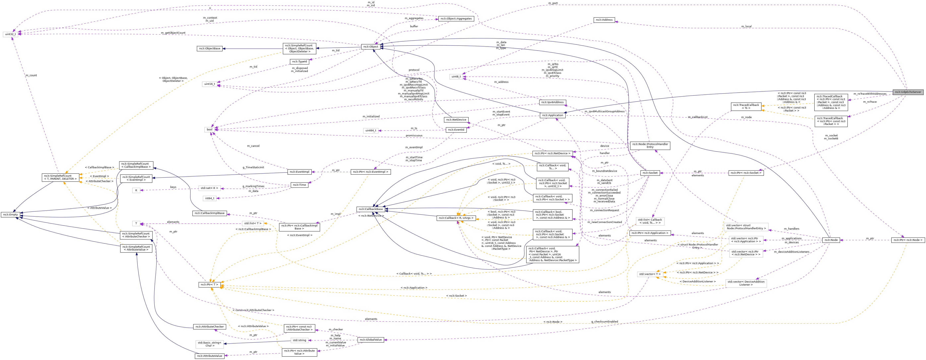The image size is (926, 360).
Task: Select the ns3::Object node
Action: click(x=371, y=47)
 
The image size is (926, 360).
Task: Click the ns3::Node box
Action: click(x=831, y=240)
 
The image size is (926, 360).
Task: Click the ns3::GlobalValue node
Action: click(x=371, y=340)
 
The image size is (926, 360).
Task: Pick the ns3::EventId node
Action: click(x=456, y=130)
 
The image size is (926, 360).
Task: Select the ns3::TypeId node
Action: click(x=300, y=61)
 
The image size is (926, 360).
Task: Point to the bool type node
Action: click(x=209, y=129)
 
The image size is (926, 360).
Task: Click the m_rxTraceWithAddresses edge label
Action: click(x=870, y=94)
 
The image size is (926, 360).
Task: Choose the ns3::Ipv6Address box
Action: click(x=552, y=102)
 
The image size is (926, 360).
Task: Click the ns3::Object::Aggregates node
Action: click(x=456, y=19)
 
